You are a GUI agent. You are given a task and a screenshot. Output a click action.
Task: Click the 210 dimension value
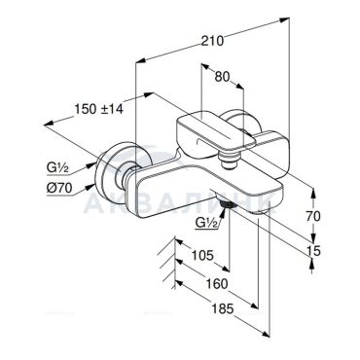pyautogui.click(x=212, y=41)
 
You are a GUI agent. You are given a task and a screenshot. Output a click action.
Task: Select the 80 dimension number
pyautogui.click(x=222, y=77)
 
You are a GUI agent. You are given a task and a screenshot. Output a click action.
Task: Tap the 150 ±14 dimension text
pyautogui.click(x=99, y=109)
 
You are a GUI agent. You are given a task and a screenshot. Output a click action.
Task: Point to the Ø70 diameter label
pyautogui.click(x=58, y=188)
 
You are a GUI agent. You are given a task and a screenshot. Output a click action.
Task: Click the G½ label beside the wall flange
pyautogui.click(x=56, y=168)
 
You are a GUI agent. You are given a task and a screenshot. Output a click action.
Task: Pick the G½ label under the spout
pyautogui.click(x=206, y=223)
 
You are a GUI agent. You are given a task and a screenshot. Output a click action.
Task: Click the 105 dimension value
pyautogui.click(x=202, y=256)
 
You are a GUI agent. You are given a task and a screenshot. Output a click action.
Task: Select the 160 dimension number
pyautogui.click(x=217, y=284)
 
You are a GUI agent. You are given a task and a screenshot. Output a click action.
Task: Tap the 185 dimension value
pyautogui.click(x=222, y=309)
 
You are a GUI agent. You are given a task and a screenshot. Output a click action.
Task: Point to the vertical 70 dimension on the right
pyautogui.click(x=312, y=216)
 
